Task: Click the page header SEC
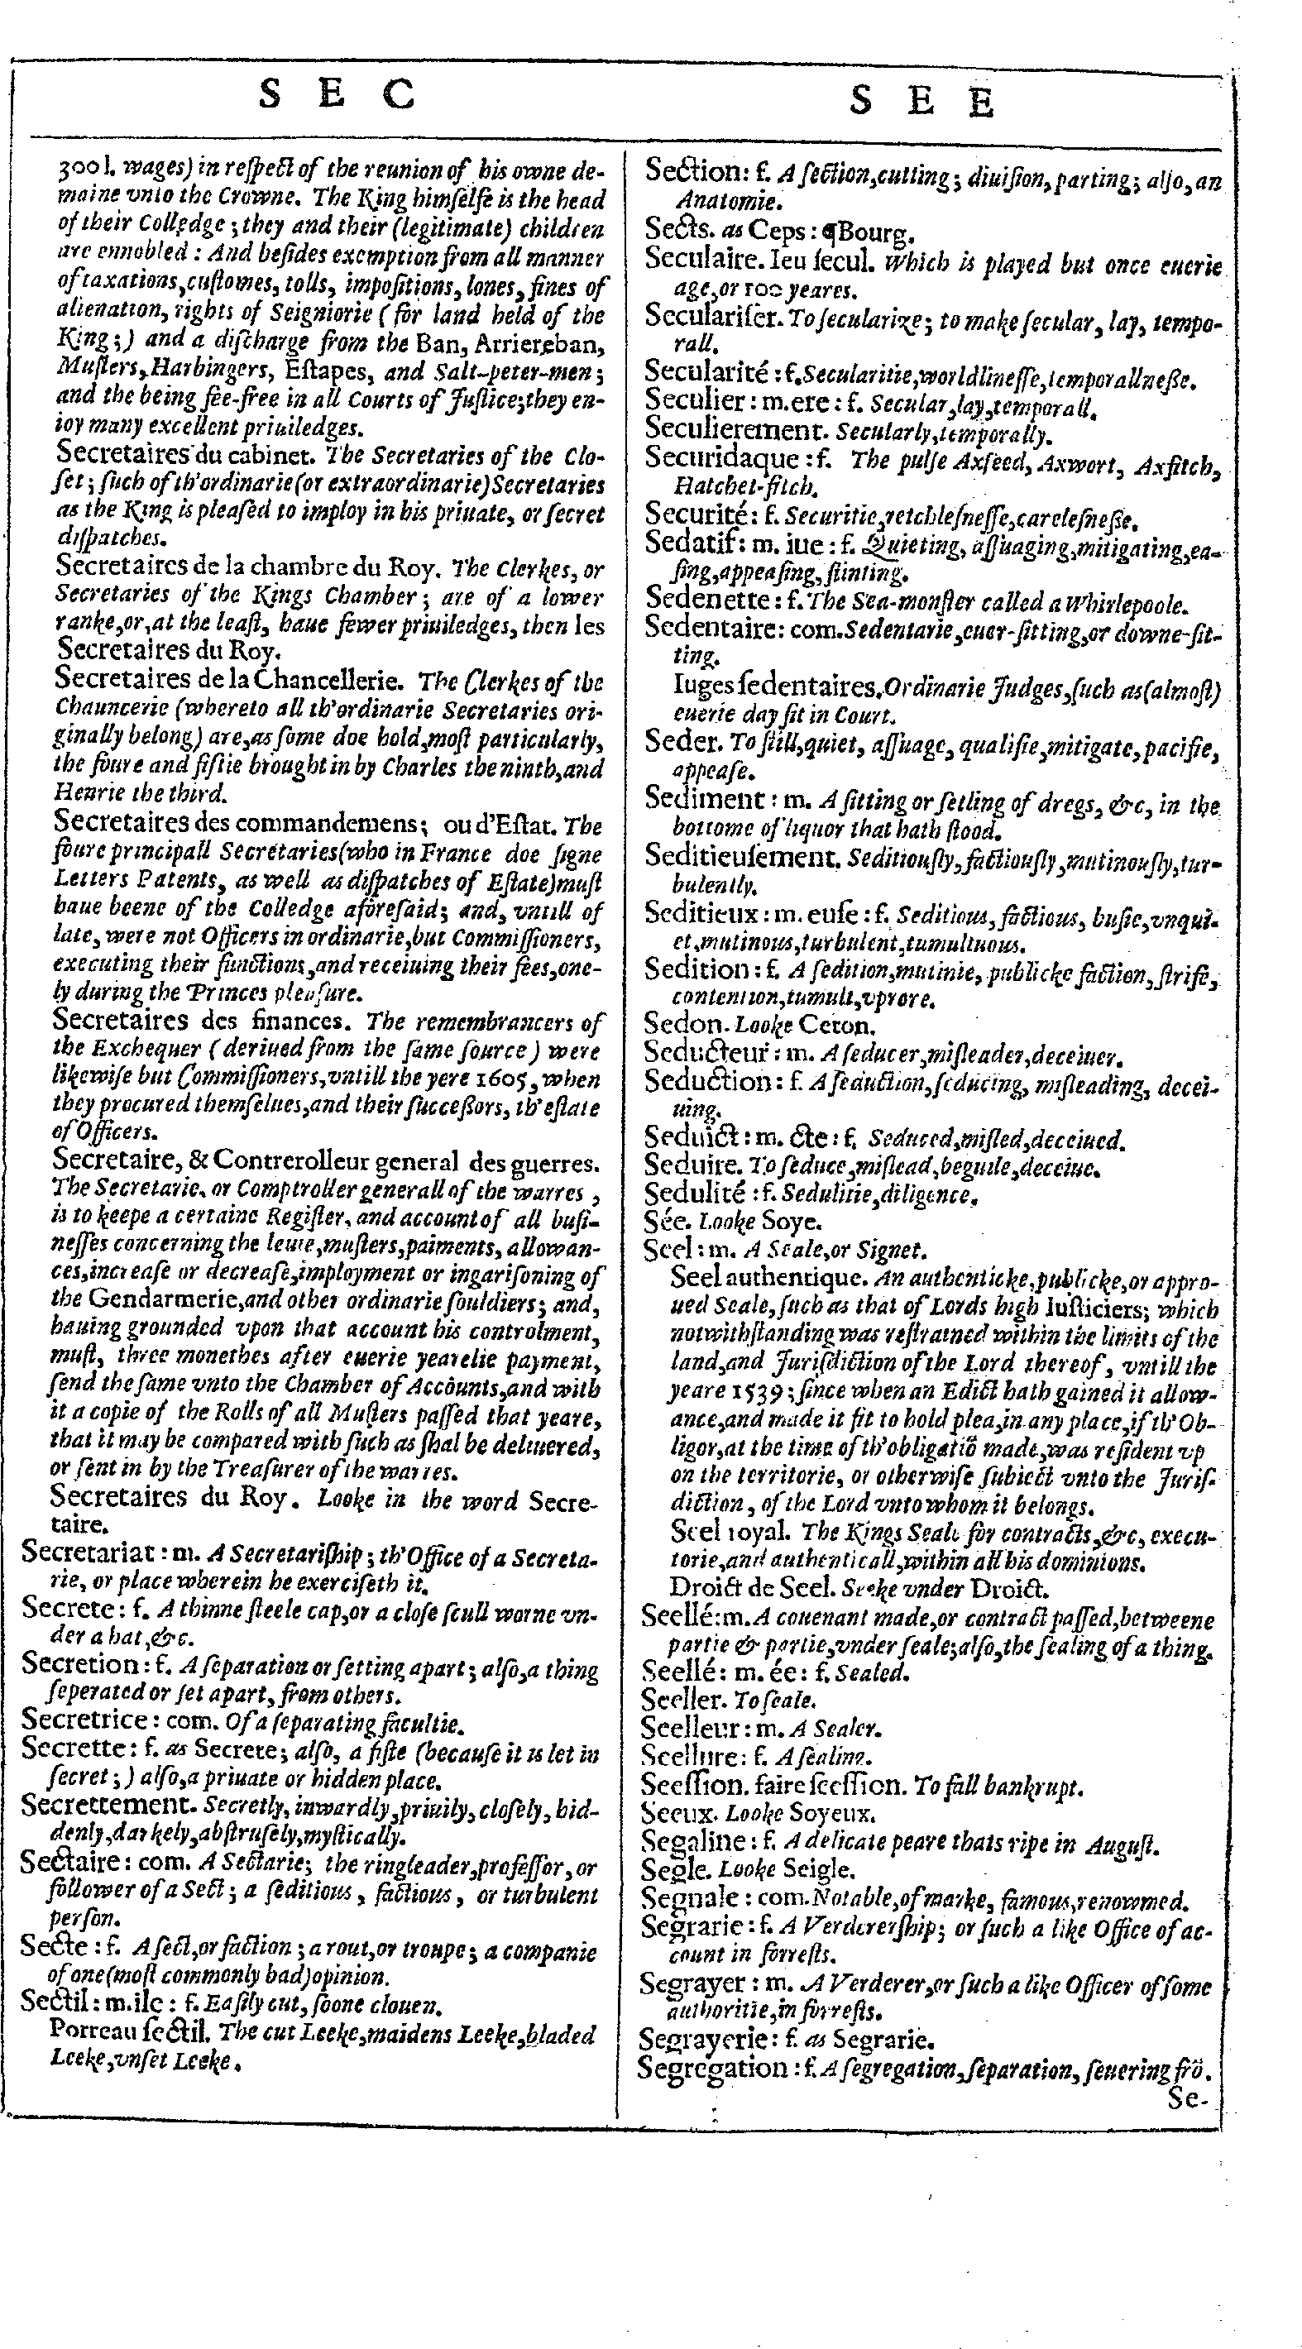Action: tap(337, 94)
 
